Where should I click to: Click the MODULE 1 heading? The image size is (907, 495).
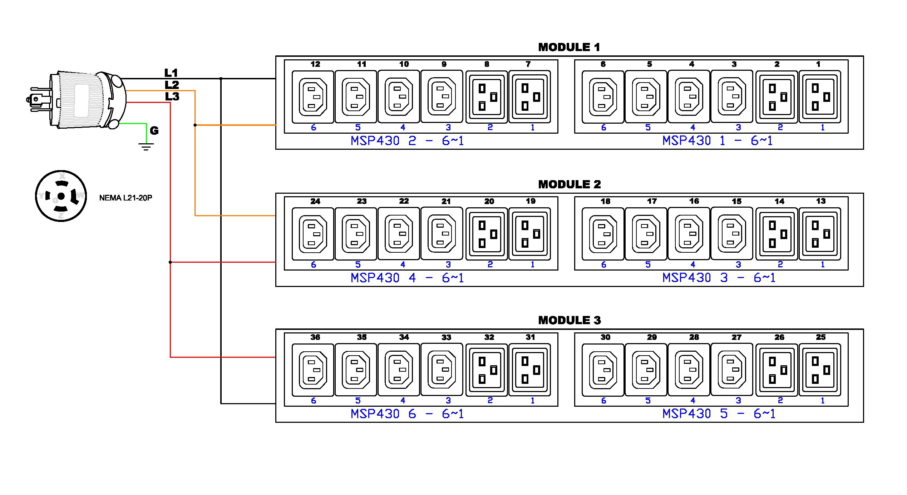569,47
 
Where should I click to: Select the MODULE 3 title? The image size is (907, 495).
569,320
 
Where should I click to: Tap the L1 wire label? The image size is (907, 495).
171,73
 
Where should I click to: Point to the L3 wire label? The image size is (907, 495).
172,96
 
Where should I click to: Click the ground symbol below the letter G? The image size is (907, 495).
146,146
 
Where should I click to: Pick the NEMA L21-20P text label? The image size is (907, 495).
125,198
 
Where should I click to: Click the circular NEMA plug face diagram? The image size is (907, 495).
61,196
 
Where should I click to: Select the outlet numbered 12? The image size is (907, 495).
313,97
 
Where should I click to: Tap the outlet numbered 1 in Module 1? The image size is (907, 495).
820,97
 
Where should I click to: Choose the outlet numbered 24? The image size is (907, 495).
313,234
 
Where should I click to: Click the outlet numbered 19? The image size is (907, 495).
529,234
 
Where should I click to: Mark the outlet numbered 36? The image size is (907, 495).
313,370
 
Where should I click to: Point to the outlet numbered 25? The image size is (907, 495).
820,370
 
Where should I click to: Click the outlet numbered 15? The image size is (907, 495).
732,234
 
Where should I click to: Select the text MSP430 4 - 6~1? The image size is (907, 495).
407,278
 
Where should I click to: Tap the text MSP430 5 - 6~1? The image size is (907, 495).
719,414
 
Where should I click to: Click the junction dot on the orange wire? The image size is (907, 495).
195,125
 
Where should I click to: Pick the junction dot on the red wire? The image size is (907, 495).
170,262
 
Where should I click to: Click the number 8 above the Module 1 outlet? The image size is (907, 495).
487,64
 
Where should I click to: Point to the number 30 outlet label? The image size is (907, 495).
605,337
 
